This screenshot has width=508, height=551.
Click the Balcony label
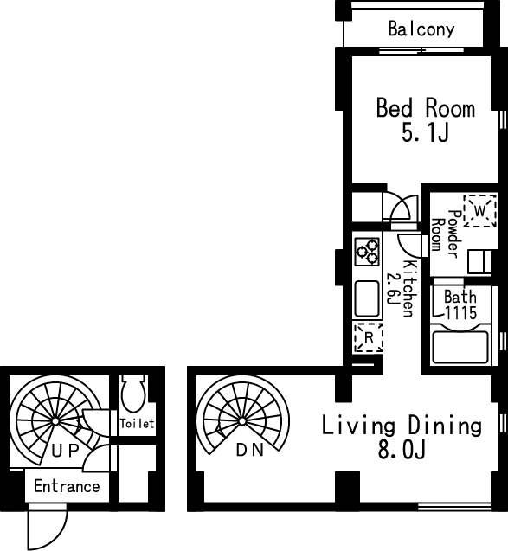point(421,29)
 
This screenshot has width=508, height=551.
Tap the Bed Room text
point(426,107)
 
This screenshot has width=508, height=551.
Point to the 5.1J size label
point(426,133)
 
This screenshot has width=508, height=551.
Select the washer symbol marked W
point(480,211)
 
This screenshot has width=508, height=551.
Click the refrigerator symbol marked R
point(369,337)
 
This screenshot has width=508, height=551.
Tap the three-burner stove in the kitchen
point(367,252)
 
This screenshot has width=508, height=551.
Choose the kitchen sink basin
point(367,298)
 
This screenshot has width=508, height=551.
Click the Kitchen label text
point(408,289)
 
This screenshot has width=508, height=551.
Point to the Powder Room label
point(445,234)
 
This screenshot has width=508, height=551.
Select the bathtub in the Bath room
point(460,345)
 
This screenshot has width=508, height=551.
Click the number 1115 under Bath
point(461,312)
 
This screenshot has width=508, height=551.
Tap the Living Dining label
point(402,426)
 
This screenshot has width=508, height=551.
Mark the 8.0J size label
point(402,450)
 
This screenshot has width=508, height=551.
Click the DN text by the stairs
point(249,450)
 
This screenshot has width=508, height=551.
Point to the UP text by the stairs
point(65,451)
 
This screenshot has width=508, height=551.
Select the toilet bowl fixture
point(133,394)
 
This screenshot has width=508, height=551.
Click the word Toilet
point(137,424)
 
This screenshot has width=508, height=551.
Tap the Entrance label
point(67,486)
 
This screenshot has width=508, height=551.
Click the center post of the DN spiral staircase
point(242,421)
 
